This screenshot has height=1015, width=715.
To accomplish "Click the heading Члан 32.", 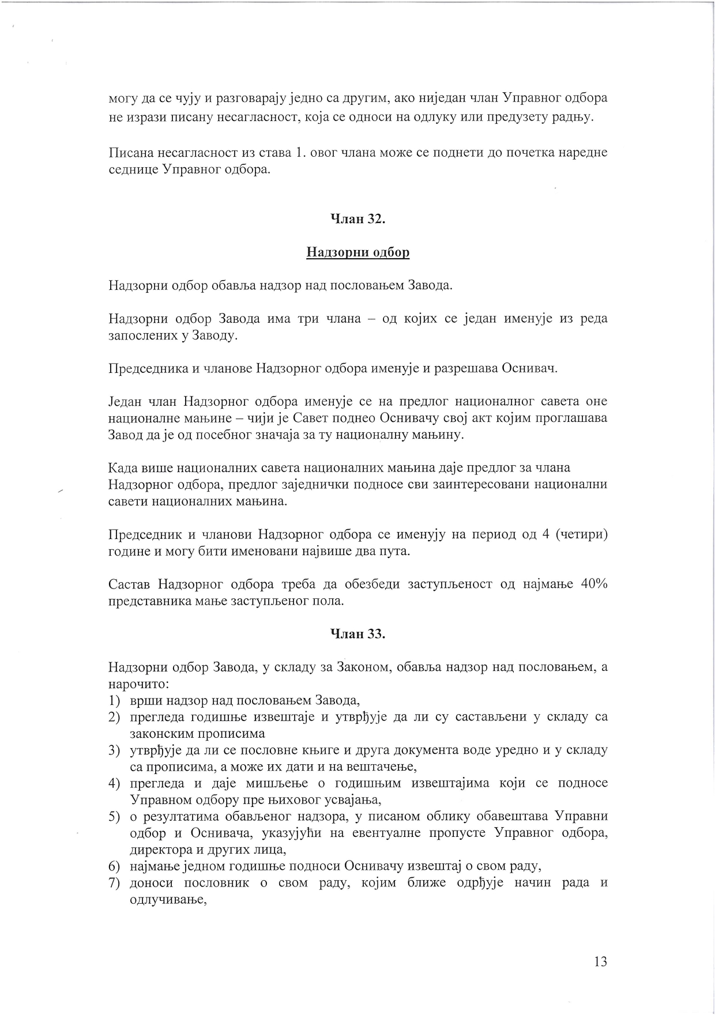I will click(x=357, y=219).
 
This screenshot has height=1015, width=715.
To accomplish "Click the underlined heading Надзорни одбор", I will click(x=357, y=252).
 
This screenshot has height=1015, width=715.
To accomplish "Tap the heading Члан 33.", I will click(x=357, y=633).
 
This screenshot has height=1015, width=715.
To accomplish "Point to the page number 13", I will click(x=600, y=961).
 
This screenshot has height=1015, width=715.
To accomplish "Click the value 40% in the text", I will click(x=594, y=584).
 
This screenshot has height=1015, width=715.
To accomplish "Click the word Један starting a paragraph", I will click(x=124, y=401).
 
